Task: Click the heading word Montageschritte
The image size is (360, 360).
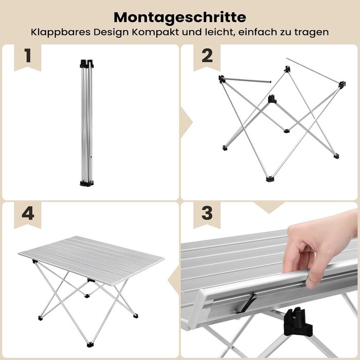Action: coord(180,17)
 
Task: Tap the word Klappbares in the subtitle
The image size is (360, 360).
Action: coord(60,32)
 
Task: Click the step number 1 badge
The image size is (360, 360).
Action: coord(28,56)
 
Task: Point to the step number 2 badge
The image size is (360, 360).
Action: coord(207,56)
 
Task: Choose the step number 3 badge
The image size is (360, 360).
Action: coord(207,213)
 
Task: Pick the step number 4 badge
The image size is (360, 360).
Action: coord(28,213)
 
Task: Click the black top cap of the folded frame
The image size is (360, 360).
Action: coord(87,64)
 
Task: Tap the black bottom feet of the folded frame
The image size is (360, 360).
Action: coord(87,183)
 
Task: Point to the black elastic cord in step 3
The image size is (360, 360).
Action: coord(246,303)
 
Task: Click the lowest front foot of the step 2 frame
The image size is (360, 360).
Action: coord(270,179)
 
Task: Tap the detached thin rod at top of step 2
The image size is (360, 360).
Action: coord(313,70)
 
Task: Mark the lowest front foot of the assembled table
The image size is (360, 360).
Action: coord(90,345)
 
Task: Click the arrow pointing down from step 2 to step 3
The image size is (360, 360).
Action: coord(269,207)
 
